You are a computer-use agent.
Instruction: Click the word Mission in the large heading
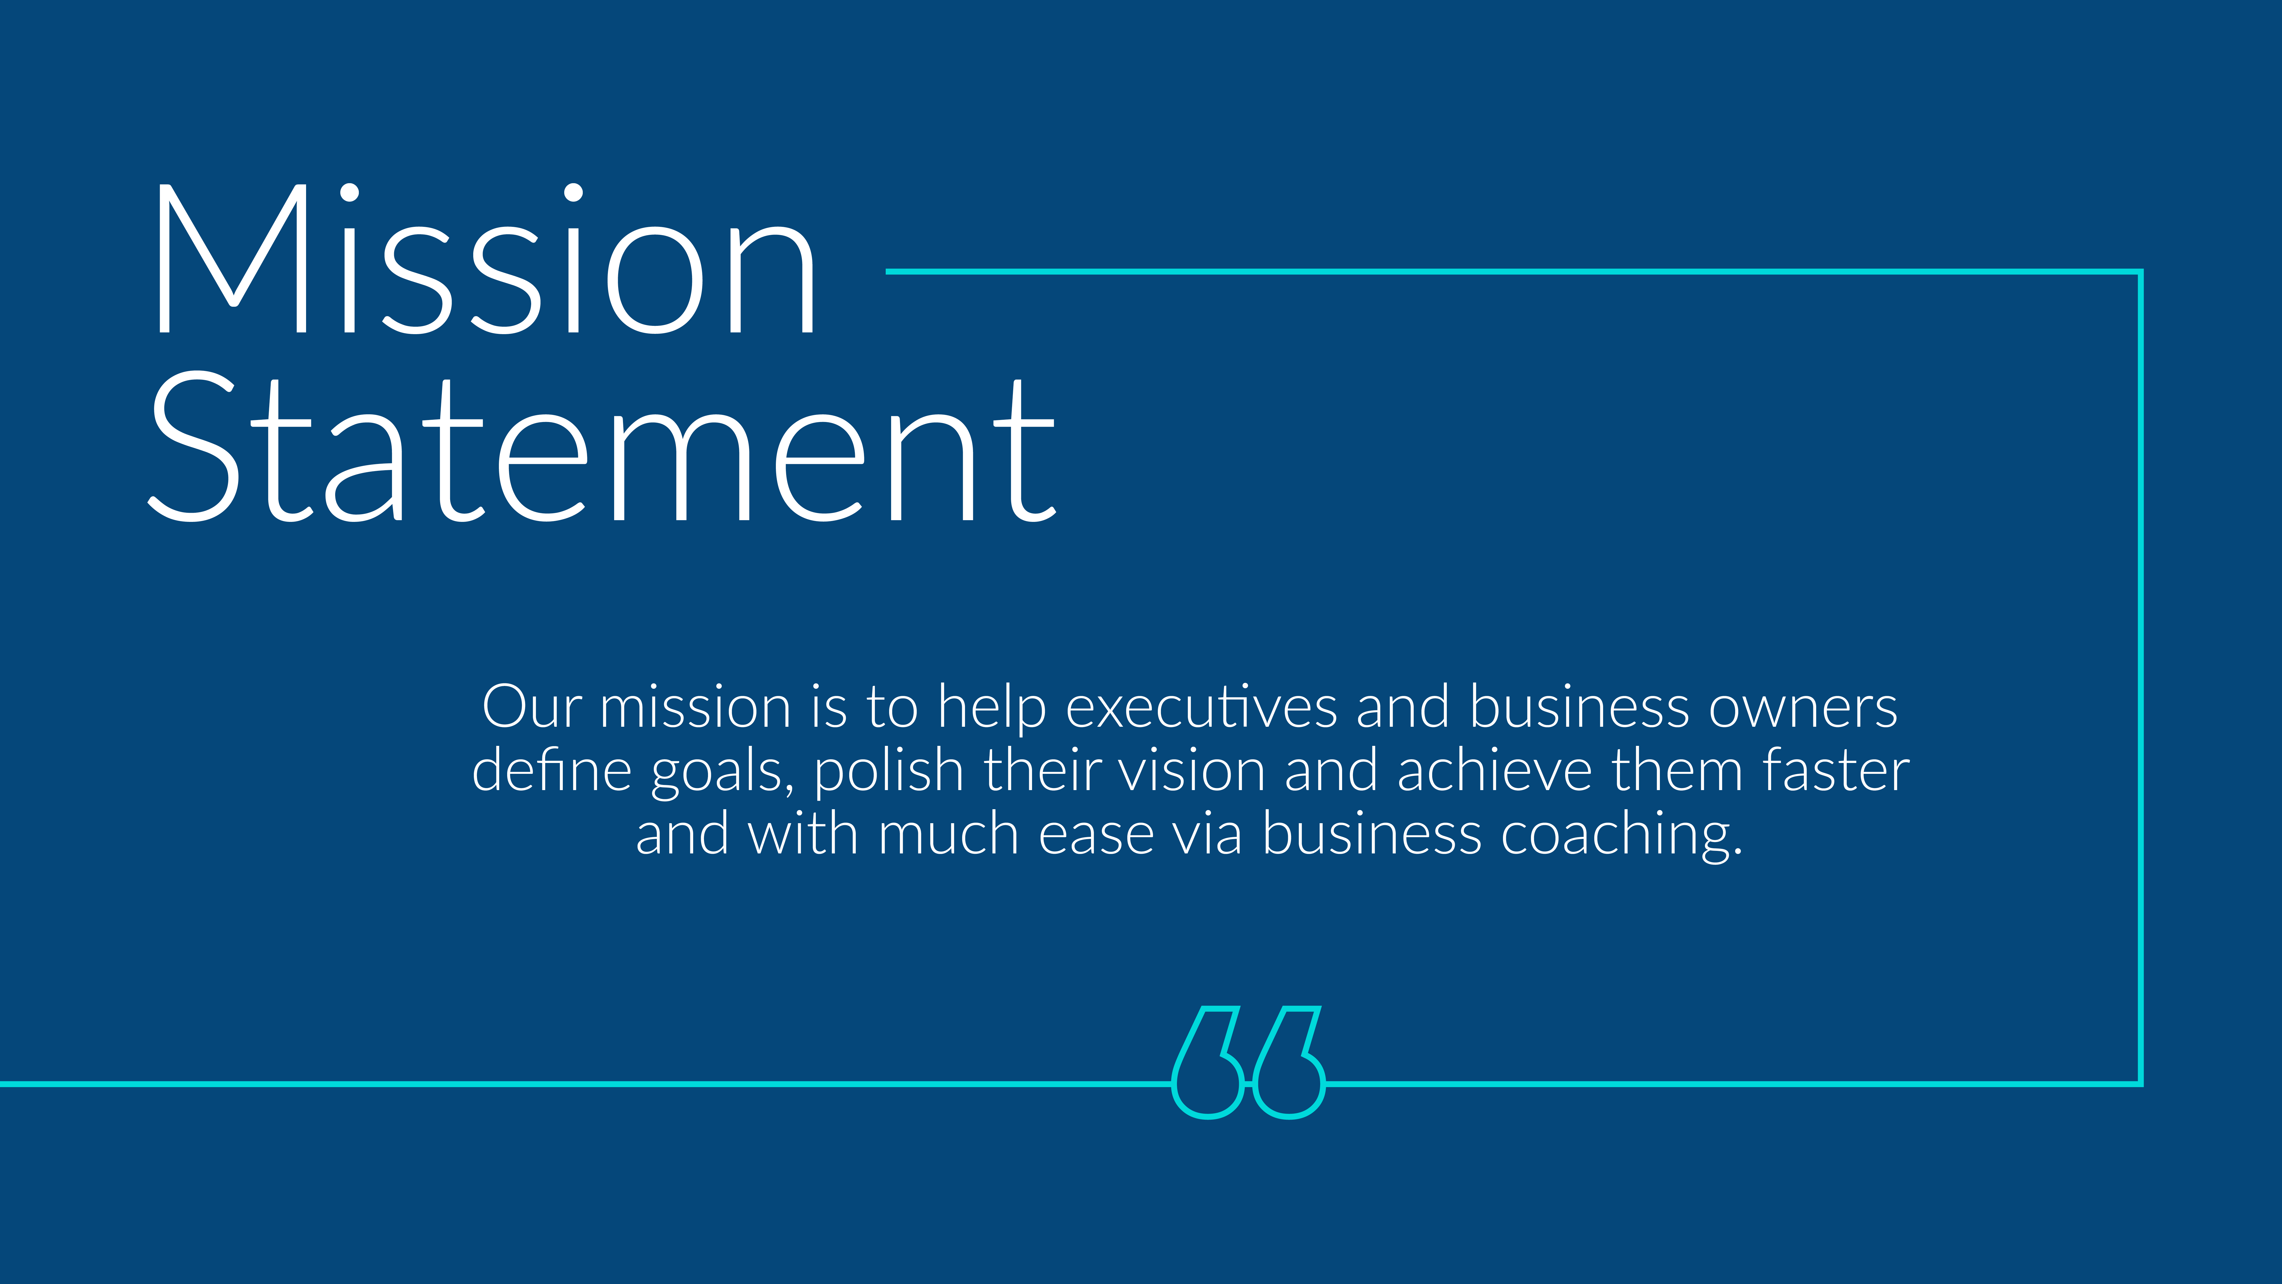click(485, 259)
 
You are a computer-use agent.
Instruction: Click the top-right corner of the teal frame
click(2140, 271)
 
